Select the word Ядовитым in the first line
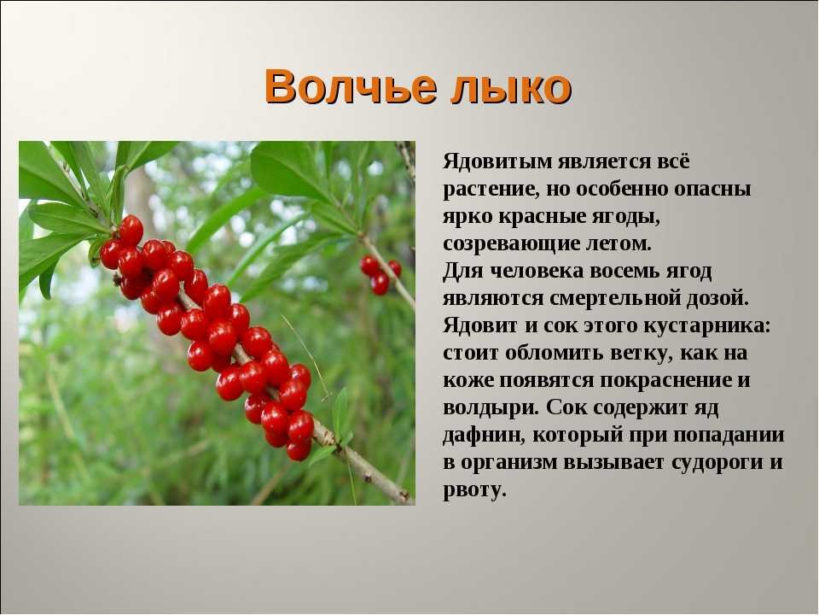click(497, 161)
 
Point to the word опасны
click(712, 190)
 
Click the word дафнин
click(484, 435)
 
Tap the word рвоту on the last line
click(475, 490)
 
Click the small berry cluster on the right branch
click(380, 274)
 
